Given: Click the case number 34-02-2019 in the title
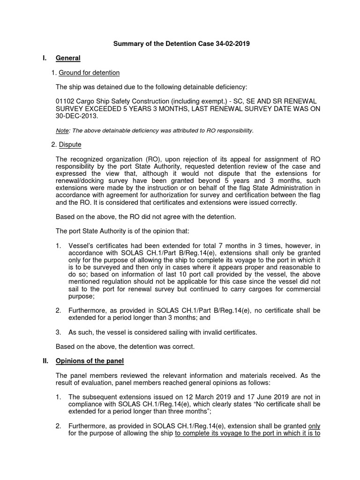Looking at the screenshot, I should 229,44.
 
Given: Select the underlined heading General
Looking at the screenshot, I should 68,58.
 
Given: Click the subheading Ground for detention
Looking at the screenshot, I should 89,73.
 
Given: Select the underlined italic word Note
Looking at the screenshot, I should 62,130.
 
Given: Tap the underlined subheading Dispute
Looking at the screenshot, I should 70,145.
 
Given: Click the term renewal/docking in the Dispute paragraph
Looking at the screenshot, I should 78,181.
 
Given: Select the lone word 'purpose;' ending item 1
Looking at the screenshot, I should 81,297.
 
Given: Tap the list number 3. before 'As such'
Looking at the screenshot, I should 59,332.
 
